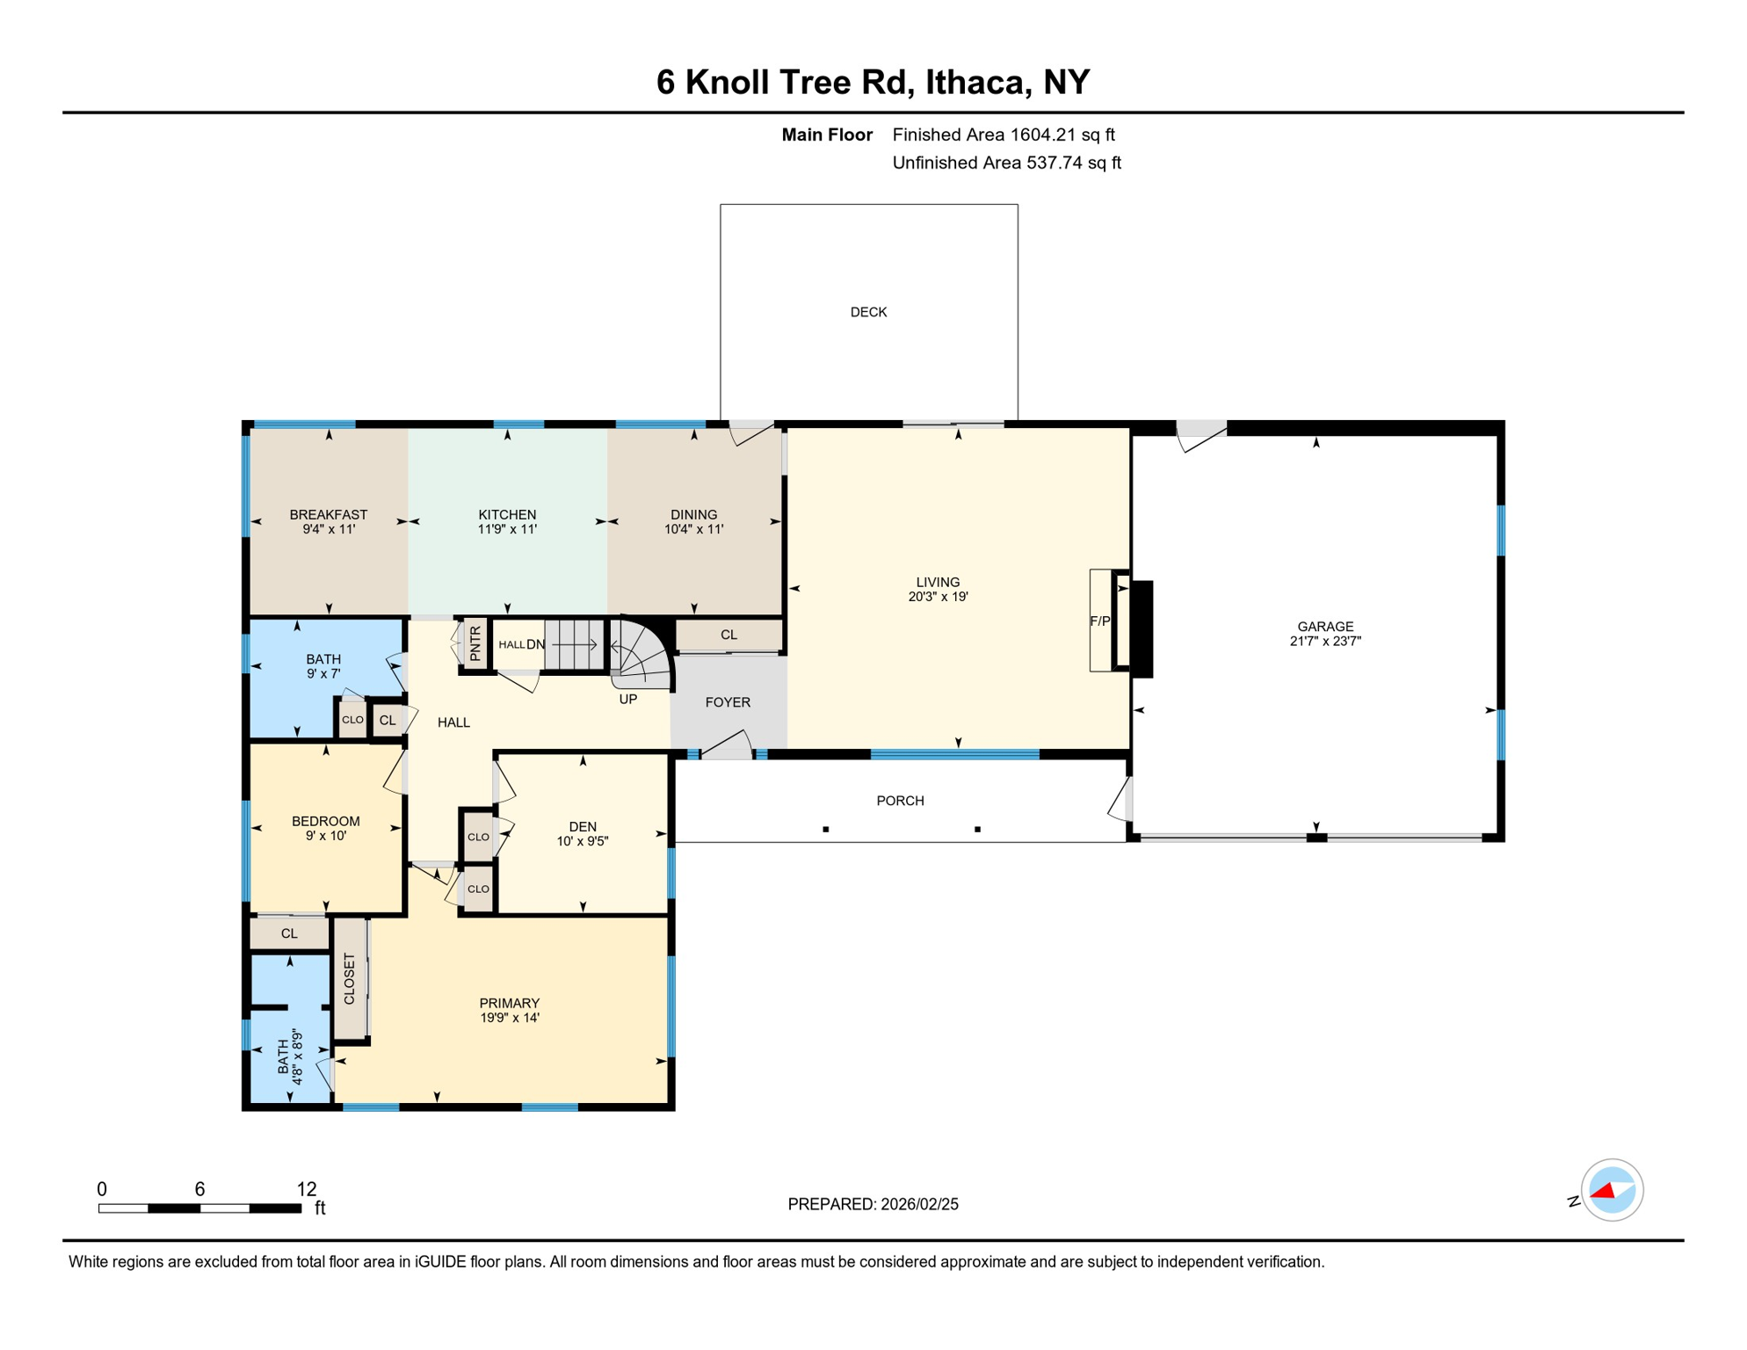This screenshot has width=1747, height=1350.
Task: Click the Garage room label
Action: [x=1324, y=627]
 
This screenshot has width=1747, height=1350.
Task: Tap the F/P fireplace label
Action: [x=1099, y=621]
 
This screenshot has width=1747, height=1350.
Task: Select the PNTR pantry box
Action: [x=475, y=643]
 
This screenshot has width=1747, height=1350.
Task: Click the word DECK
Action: [x=868, y=312]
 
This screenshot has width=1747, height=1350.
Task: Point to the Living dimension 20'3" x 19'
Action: [x=938, y=597]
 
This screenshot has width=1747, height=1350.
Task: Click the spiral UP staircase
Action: [x=642, y=655]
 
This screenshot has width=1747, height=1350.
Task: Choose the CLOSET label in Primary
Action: [x=350, y=978]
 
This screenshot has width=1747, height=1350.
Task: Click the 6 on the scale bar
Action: [x=199, y=1189]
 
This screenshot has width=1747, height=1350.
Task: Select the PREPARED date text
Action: [x=873, y=1204]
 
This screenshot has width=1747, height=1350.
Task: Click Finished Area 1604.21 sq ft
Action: [x=1003, y=134]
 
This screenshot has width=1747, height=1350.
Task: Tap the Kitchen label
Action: [x=507, y=514]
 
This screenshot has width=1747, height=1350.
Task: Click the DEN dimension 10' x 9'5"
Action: [x=583, y=841]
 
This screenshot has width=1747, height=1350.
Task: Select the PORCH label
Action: [x=900, y=801]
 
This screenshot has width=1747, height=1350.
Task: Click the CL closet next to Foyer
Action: [x=729, y=635]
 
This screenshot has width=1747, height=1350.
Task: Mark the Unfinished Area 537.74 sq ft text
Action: [x=1006, y=163]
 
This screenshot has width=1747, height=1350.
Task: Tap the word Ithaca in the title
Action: [x=976, y=82]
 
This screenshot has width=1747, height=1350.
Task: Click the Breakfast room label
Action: [x=329, y=514]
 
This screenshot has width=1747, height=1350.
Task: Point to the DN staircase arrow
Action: [x=575, y=645]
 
